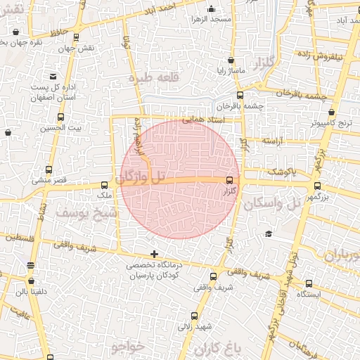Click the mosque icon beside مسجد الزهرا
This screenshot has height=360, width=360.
pyautogui.click(x=212, y=9)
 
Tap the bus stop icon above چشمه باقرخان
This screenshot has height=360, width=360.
pyautogui.click(x=240, y=95)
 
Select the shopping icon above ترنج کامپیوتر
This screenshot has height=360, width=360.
pyautogui.click(x=331, y=112)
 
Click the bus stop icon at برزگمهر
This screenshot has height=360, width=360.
pyautogui.click(x=318, y=186)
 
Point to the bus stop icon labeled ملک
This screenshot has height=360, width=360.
pyautogui.click(x=105, y=185)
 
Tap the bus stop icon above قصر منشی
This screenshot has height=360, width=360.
pyautogui.click(x=49, y=169)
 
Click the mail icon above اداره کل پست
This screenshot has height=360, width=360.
pyautogui.click(x=53, y=77)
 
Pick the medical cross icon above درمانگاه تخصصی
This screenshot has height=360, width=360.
pyautogui.click(x=154, y=254)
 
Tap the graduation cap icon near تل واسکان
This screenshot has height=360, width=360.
pyautogui.click(x=268, y=234)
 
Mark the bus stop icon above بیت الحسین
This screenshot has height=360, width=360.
pyautogui.click(x=60, y=117)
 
